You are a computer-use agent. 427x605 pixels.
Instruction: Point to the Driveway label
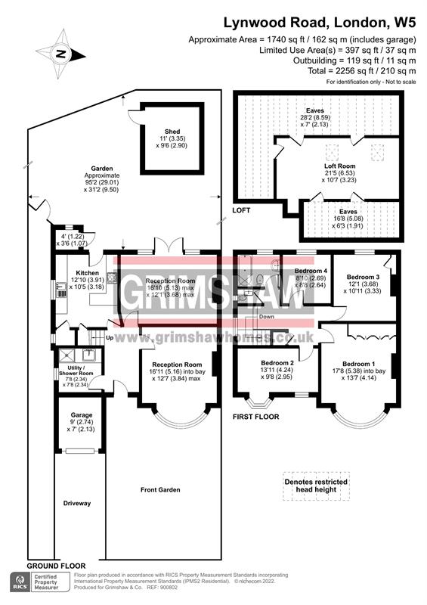click(x=77, y=503)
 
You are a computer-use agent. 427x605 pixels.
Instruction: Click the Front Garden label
click(x=161, y=490)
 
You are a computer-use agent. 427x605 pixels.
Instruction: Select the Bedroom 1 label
click(x=357, y=363)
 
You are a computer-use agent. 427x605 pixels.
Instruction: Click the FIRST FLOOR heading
click(x=256, y=417)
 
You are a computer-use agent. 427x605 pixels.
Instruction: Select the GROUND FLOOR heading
click(x=56, y=566)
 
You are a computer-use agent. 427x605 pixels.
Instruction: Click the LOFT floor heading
click(x=241, y=209)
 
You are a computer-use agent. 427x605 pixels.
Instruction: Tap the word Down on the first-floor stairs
click(x=265, y=317)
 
